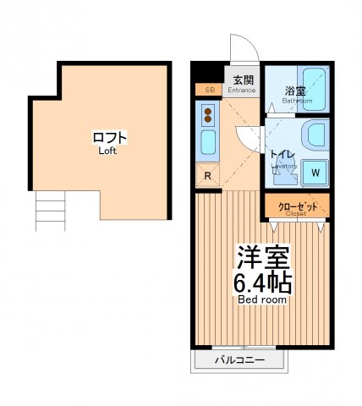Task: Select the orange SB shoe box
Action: [207, 89]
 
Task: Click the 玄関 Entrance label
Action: [243, 81]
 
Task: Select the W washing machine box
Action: [315, 173]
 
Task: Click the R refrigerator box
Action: [208, 176]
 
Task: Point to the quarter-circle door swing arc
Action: [245, 135]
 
